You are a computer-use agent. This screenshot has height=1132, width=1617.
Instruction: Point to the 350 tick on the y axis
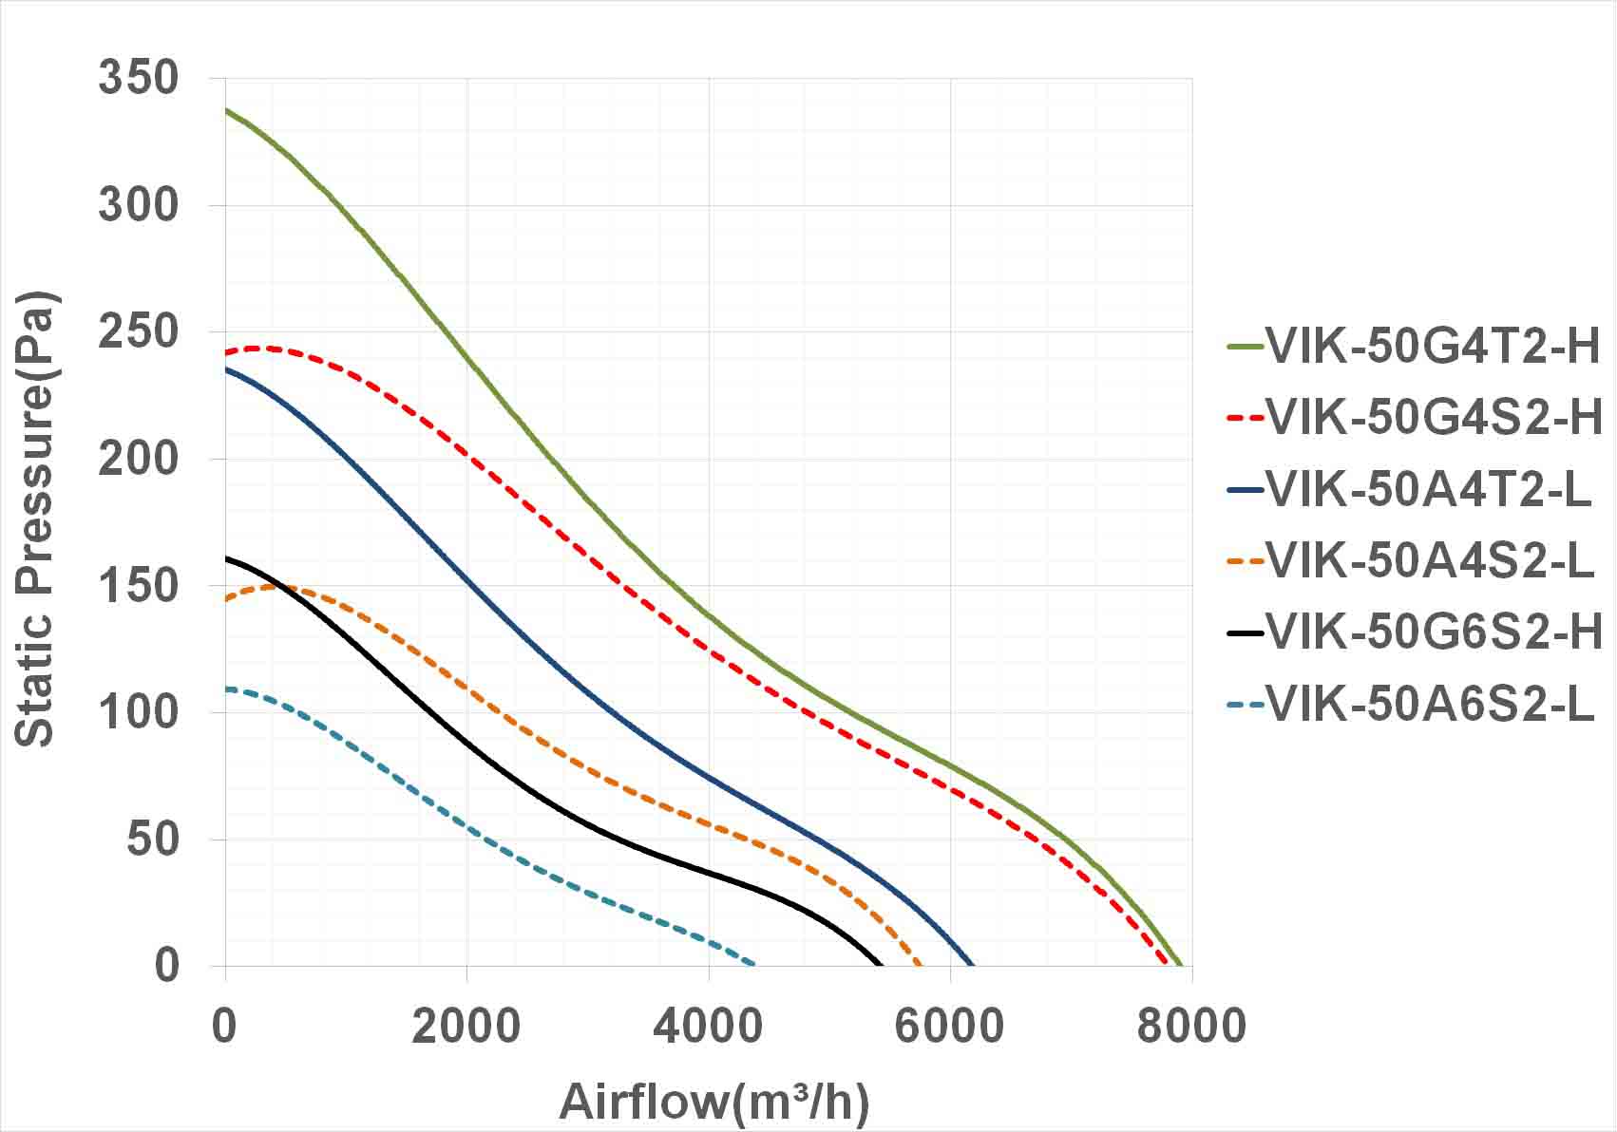point(138,78)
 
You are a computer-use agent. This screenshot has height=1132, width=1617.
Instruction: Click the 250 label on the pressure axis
point(138,331)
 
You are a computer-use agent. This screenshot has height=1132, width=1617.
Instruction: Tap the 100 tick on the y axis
point(138,712)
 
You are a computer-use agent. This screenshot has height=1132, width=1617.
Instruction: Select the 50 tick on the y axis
point(152,840)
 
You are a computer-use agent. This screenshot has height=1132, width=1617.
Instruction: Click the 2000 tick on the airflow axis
point(466,1026)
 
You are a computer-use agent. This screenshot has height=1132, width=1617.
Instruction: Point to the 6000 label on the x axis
point(949,1026)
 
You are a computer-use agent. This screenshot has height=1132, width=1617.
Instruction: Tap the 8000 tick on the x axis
point(1191,1026)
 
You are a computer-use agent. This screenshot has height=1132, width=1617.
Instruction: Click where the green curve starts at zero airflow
point(226,109)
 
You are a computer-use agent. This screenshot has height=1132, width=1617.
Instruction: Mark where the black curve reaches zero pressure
point(880,965)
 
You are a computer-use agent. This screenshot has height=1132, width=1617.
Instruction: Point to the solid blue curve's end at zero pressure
point(972,965)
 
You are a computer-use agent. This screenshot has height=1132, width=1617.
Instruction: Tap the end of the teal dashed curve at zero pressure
point(753,964)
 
